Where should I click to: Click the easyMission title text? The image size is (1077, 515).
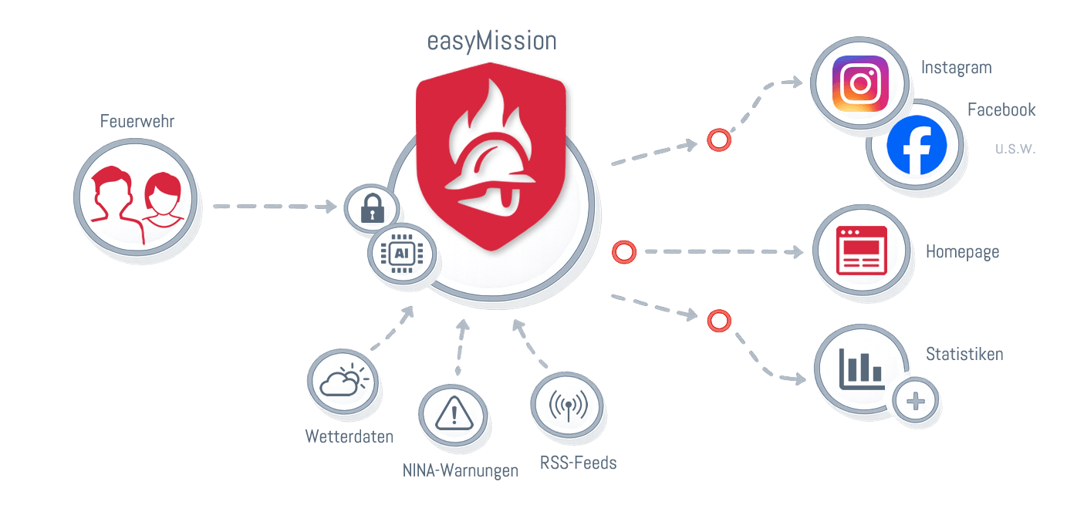(x=492, y=41)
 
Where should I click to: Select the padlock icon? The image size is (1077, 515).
(x=371, y=208)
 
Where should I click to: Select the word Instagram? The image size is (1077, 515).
(x=956, y=68)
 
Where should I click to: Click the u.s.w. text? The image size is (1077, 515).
(x=1015, y=149)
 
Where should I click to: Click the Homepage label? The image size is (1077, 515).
(x=962, y=252)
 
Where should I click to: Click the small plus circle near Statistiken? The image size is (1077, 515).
(x=917, y=402)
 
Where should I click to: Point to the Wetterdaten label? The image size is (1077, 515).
(x=349, y=436)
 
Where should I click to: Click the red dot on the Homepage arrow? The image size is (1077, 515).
(x=623, y=251)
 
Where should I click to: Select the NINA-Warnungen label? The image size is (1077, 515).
(x=460, y=470)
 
